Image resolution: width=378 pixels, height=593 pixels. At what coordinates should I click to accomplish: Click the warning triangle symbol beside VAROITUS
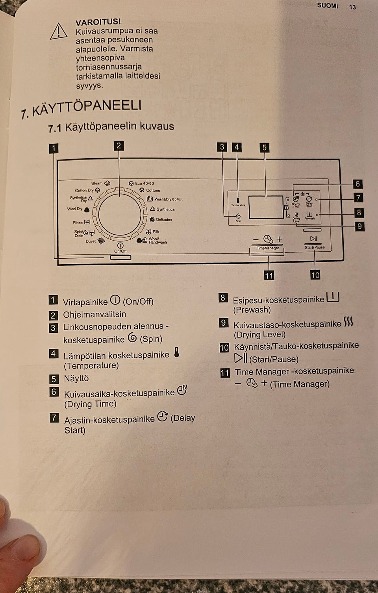(59, 32)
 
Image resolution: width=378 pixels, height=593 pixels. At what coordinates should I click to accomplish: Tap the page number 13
(352, 7)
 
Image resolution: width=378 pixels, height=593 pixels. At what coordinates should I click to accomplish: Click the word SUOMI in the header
(327, 6)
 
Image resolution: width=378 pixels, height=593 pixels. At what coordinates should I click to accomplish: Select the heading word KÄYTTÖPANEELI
(87, 107)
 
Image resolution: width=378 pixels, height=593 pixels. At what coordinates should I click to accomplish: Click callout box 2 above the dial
(119, 146)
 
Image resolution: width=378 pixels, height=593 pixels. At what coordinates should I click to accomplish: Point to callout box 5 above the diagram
(265, 148)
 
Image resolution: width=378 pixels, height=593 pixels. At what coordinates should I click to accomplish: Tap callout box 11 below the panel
(269, 275)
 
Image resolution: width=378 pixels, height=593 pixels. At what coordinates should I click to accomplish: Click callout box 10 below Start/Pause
(315, 275)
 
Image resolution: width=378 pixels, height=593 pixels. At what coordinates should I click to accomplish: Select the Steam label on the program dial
(97, 183)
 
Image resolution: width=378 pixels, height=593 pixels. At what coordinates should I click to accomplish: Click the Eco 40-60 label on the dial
(144, 183)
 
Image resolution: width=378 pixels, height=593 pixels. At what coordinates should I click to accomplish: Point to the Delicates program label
(164, 220)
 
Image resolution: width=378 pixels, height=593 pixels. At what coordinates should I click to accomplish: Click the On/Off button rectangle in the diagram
(121, 258)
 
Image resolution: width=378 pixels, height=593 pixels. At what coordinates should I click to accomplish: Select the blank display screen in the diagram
(265, 207)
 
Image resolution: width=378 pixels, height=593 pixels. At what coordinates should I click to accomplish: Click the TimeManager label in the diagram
(268, 248)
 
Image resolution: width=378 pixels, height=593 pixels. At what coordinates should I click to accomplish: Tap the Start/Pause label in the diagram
(315, 247)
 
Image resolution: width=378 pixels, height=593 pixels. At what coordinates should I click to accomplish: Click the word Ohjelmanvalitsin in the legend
(94, 315)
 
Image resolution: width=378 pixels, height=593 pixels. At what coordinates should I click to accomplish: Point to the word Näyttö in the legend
(76, 378)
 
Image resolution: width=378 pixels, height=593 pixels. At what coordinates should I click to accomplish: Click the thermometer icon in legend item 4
(176, 352)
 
